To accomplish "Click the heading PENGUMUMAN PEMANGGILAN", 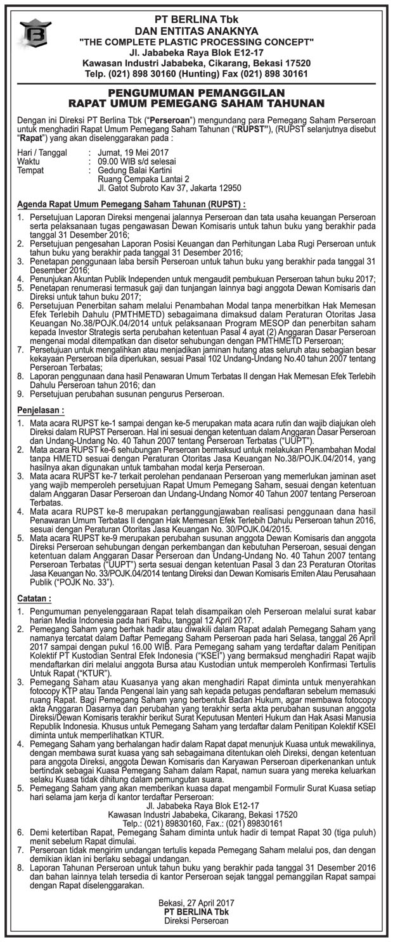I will tap(196, 92).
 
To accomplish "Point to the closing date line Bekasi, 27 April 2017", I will tap(196, 903).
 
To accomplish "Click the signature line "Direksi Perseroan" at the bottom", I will tap(196, 921).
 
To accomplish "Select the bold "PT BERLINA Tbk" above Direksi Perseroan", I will tap(196, 912).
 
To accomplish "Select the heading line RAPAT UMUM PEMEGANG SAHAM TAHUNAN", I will tap(196, 103).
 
